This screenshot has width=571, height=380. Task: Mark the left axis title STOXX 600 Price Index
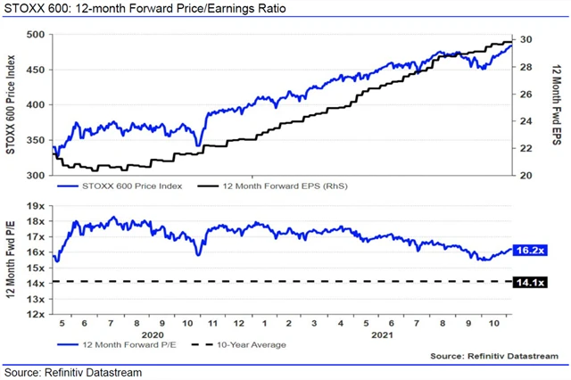(x=12, y=104)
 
